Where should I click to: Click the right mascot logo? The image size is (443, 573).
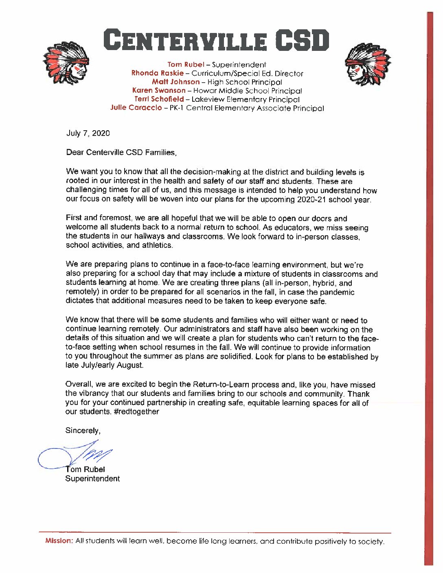pyautogui.click(x=368, y=64)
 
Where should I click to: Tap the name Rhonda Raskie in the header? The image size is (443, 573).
pyautogui.click(x=157, y=73)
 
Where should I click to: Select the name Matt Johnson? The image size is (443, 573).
pyautogui.click(x=175, y=82)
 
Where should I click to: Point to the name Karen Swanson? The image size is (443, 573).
pyautogui.click(x=159, y=91)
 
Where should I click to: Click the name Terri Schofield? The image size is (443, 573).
pyautogui.click(x=159, y=99)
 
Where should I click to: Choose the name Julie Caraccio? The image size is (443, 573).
pyautogui.click(x=136, y=108)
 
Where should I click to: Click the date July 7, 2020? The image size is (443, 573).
pyautogui.click(x=88, y=133)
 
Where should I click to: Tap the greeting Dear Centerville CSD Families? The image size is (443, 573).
pyautogui.click(x=121, y=153)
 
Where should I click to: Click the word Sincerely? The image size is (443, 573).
pyautogui.click(x=83, y=431)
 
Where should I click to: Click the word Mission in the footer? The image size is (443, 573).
pyautogui.click(x=59, y=541)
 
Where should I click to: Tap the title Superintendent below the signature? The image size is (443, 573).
pyautogui.click(x=92, y=479)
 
